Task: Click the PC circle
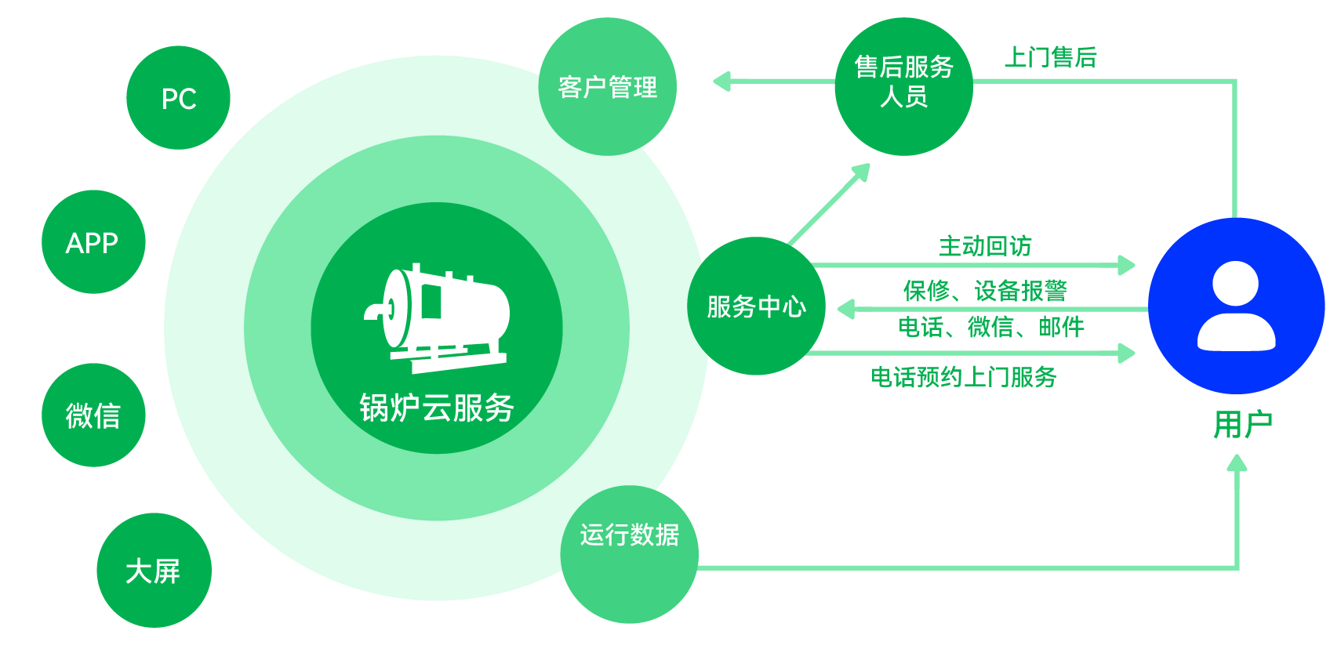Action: point(178,98)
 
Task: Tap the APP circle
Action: point(93,242)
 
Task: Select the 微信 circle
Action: point(93,415)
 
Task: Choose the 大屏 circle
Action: point(154,570)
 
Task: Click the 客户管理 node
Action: point(607,87)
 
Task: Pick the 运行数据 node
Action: point(629,553)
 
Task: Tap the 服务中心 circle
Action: point(756,306)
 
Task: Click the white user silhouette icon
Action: point(1236,306)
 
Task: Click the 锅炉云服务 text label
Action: point(437,408)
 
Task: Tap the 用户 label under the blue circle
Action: point(1242,425)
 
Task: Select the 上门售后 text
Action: point(1050,57)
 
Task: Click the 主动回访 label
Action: point(986,246)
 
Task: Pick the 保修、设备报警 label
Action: point(985,291)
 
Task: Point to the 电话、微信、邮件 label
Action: point(991,327)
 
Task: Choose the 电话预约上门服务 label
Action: point(964,377)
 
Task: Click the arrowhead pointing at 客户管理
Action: point(721,81)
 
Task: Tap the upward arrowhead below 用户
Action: point(1237,463)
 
